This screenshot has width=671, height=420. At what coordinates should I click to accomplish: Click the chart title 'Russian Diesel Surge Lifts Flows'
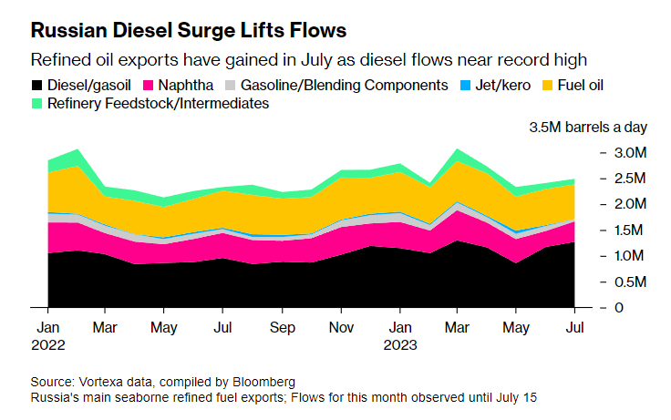189,30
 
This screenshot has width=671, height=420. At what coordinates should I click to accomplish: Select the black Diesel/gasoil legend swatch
37,86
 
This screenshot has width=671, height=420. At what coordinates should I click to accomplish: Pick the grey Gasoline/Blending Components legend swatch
232,86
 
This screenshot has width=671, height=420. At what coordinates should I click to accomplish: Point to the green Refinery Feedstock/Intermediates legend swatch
37,104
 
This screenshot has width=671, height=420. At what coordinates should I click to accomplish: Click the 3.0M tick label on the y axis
628,152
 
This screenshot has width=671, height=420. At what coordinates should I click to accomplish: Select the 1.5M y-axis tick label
628,230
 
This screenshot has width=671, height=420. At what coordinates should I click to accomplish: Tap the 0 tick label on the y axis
621,308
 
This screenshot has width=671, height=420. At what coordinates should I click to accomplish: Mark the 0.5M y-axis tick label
628,282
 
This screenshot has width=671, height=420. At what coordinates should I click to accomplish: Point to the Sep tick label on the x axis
283,325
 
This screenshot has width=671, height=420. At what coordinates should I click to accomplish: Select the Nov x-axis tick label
341,325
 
